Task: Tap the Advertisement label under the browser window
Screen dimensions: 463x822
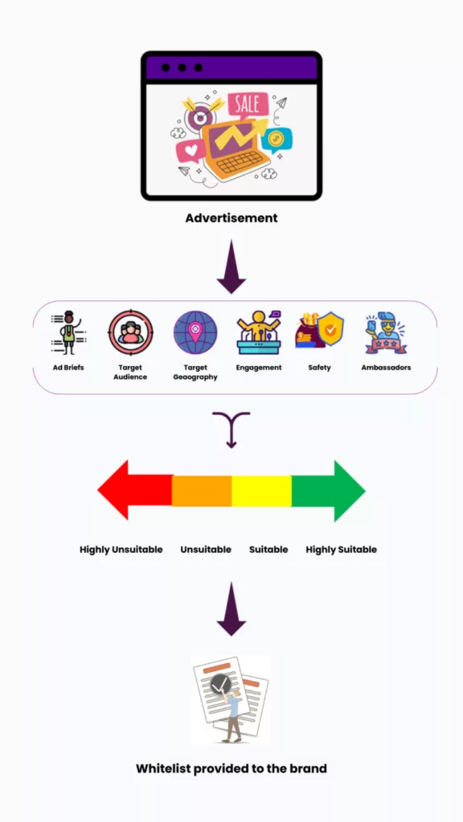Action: pos(231,218)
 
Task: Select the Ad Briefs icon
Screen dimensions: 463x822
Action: pos(69,332)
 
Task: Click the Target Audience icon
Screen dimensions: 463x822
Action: pos(131,332)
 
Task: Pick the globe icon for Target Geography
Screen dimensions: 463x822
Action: pos(195,333)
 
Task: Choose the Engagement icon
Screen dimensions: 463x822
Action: pos(259,332)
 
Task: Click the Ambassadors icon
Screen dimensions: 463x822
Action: pos(386,332)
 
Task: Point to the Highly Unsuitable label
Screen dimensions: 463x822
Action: pos(121,549)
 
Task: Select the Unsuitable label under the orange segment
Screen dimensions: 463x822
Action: pos(206,549)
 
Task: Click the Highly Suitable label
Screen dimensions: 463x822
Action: pos(341,549)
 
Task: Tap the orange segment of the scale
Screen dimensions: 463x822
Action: pos(202,490)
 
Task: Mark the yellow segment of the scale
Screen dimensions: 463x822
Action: pos(261,490)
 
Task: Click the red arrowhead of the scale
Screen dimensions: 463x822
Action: pos(114,490)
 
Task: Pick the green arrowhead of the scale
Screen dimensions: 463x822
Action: pos(349,490)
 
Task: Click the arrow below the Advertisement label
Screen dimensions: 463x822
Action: pos(231,267)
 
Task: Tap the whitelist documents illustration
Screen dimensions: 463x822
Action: pos(231,699)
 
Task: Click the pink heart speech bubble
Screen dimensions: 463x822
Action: pos(191,151)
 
